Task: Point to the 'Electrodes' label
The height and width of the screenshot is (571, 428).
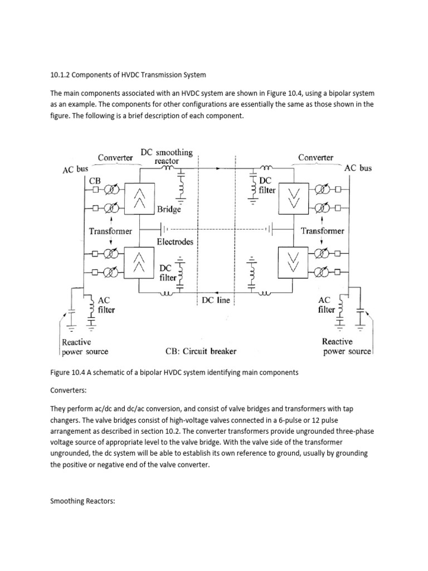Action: click(x=175, y=242)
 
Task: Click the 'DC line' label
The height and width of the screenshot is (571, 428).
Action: click(x=217, y=300)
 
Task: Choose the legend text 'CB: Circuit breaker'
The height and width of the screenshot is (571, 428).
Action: click(x=201, y=351)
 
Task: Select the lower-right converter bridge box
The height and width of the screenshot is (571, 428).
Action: click(x=293, y=263)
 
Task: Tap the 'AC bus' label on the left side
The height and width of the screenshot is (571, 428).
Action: click(x=75, y=168)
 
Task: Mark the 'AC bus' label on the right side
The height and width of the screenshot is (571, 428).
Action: click(x=358, y=167)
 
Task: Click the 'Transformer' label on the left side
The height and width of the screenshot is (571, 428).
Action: click(x=110, y=231)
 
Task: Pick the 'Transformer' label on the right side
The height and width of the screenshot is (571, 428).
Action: click(x=322, y=230)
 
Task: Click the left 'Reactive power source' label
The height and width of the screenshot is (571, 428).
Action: click(x=84, y=346)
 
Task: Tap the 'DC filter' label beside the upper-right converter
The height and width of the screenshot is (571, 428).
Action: click(x=267, y=185)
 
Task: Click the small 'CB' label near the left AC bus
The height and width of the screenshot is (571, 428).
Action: click(x=95, y=180)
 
